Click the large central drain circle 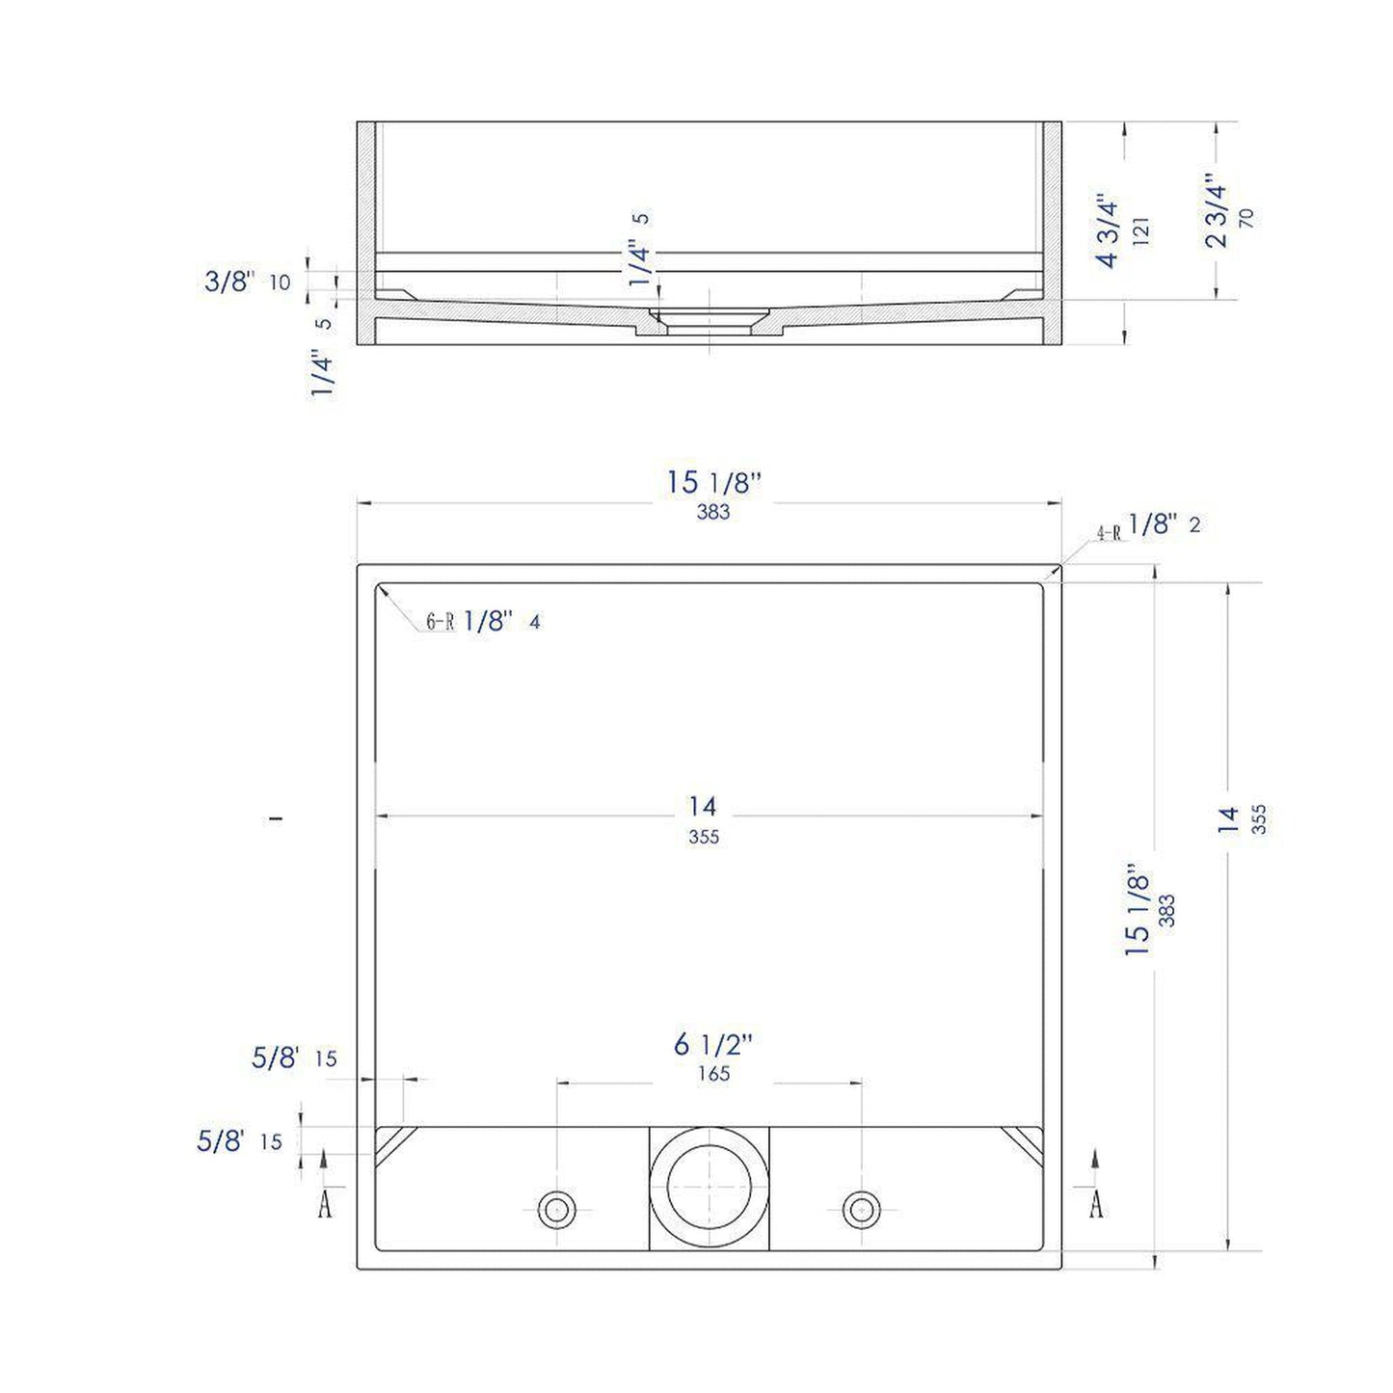[x=709, y=1188]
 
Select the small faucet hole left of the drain [x=556, y=1209]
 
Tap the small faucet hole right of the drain [x=861, y=1209]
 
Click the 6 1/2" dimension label [x=712, y=1044]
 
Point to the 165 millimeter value [x=713, y=1074]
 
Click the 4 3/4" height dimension [x=1108, y=232]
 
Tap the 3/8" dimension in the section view [x=229, y=281]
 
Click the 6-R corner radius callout [x=441, y=623]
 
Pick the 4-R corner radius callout [x=1110, y=532]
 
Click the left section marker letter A [x=325, y=1204]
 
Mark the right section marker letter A [x=1096, y=1204]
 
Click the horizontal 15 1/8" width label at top [x=713, y=483]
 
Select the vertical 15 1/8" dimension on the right [x=1138, y=910]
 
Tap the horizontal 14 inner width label [x=703, y=806]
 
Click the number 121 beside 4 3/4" [x=1141, y=231]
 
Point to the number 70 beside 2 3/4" [x=1246, y=218]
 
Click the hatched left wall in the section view [x=366, y=231]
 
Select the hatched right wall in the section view [x=1052, y=231]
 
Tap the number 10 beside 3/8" [x=280, y=282]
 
